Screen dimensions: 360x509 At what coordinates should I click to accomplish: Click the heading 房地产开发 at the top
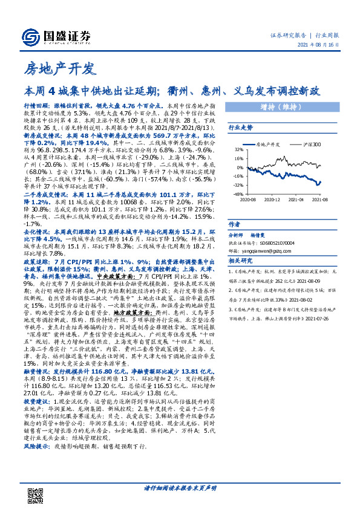point(60,69)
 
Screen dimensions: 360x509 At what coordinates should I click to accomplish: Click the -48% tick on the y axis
point(240,194)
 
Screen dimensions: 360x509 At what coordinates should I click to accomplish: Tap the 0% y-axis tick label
point(241,167)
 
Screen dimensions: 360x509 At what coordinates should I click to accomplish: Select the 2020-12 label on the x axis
point(273,199)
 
